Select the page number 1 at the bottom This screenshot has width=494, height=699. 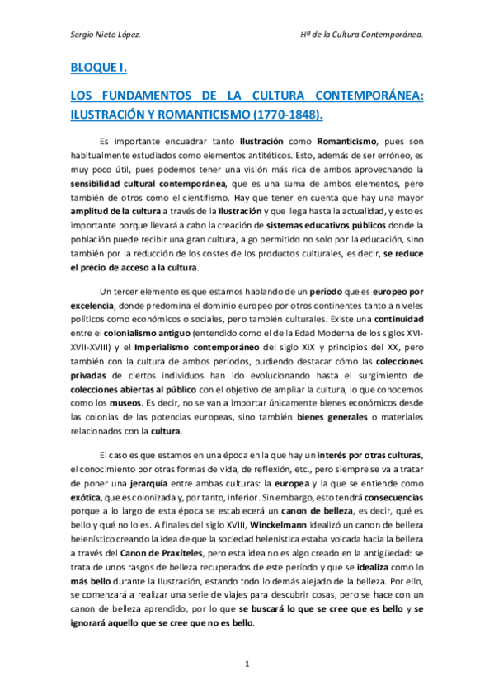click(247, 664)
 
